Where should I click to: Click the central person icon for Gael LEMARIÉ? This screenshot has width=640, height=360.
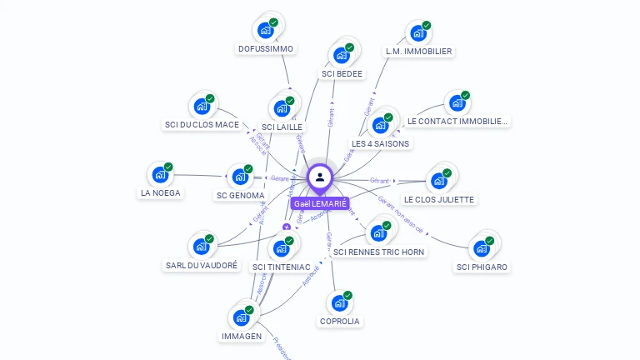coord(320,177)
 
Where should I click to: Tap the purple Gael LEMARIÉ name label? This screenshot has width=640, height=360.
coord(320,203)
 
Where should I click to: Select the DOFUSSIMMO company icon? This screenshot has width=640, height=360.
coord(265,31)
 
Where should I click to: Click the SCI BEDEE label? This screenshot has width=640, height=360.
coord(342,73)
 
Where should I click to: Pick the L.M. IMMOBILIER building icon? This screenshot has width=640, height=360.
coord(417,34)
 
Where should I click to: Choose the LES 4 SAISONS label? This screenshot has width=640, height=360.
coord(381,143)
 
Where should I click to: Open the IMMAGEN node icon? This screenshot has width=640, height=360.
coord(241,317)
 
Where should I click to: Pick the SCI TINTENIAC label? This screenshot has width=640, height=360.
coord(281,267)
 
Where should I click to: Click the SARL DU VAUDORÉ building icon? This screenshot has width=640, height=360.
coord(200,247)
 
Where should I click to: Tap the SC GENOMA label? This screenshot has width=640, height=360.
coord(240,196)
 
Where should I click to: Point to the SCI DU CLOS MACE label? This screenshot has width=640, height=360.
coord(202,125)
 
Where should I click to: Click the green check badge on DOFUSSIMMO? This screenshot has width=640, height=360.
coord(274,22)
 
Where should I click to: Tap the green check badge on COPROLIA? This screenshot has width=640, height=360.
coord(347,295)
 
